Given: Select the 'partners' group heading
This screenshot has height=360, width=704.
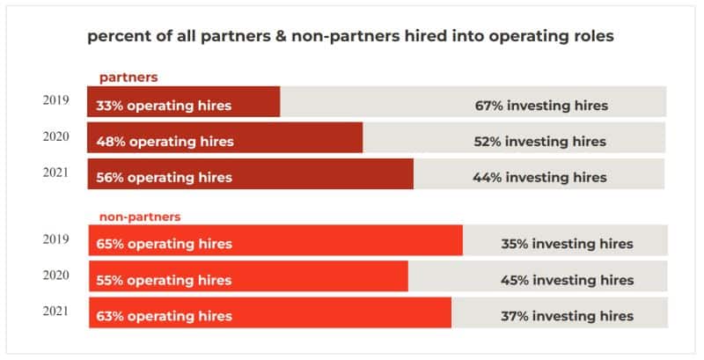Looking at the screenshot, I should (122, 77).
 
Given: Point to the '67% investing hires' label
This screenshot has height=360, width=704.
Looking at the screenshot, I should (540, 106).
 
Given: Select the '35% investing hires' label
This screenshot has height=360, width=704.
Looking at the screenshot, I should (567, 244).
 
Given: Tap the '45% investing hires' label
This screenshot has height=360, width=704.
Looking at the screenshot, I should (567, 280).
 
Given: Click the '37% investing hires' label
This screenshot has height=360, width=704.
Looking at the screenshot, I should (567, 316).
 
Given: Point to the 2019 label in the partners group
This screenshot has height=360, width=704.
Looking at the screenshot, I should (56, 100).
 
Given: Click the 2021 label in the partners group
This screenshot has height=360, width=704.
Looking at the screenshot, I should (56, 173).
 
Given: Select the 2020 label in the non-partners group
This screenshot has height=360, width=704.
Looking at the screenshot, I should (56, 275).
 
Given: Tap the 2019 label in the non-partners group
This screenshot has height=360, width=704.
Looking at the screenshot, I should (56, 239).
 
